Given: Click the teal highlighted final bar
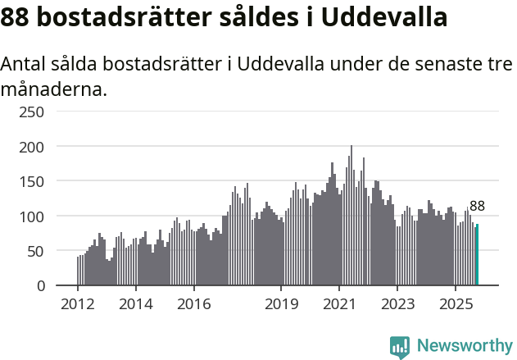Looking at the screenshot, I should (477, 255).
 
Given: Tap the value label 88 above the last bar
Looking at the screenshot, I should (477, 207).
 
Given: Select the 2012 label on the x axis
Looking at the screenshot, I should (78, 304).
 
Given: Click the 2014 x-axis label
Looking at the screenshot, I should (136, 304).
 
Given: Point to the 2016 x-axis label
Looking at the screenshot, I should (193, 304).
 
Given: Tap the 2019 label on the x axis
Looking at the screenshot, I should (281, 304).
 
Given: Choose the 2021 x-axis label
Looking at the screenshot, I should (338, 304).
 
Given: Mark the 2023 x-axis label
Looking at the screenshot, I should (397, 304).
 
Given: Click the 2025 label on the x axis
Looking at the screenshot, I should (454, 304).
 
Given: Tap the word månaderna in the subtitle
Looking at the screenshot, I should (54, 89).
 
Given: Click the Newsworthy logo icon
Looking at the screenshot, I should (400, 347).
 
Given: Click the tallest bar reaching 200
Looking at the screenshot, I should (351, 216).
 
